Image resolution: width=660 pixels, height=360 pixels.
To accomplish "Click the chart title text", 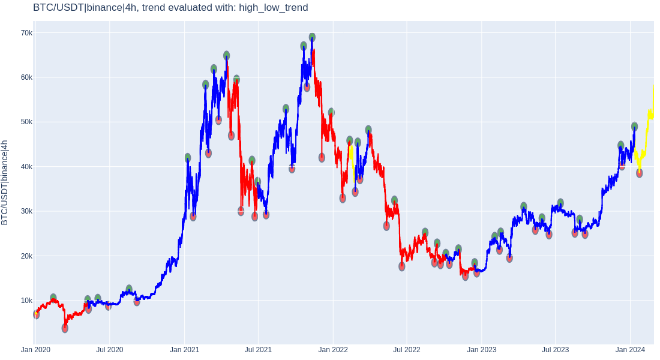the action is click(170, 8).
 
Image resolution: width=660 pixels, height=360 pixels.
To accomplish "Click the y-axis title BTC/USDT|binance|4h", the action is click(5, 182).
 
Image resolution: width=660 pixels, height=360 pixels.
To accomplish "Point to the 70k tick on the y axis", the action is click(26, 33).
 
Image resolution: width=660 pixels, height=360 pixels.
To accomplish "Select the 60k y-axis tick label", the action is click(26, 77).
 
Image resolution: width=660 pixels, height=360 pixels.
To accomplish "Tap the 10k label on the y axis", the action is click(26, 301).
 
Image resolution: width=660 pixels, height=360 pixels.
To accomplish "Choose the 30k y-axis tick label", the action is click(26, 211).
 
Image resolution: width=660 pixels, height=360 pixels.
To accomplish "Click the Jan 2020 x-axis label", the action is click(36, 349).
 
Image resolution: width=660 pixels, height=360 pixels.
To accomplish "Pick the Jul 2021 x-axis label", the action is click(258, 349).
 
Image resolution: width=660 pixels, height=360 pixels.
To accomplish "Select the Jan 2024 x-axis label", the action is click(630, 349).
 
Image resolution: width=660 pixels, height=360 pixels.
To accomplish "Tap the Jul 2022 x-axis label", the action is click(407, 349).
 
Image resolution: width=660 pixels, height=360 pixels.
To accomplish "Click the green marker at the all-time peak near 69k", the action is click(312, 37).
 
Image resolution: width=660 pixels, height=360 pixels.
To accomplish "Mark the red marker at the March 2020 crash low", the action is click(65, 328).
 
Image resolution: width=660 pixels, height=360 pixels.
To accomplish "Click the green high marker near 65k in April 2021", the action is click(226, 56).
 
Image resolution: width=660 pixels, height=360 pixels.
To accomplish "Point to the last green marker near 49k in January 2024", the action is click(634, 127).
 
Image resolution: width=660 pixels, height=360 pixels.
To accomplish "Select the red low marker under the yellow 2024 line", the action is click(640, 173).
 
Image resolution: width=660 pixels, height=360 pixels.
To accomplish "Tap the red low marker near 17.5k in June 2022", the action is click(401, 266).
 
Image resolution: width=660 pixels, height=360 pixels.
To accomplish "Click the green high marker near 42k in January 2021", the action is click(188, 158).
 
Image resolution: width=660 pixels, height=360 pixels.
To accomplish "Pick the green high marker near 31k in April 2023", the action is click(524, 206).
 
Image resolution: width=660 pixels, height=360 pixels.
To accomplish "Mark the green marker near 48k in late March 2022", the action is click(368, 130).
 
